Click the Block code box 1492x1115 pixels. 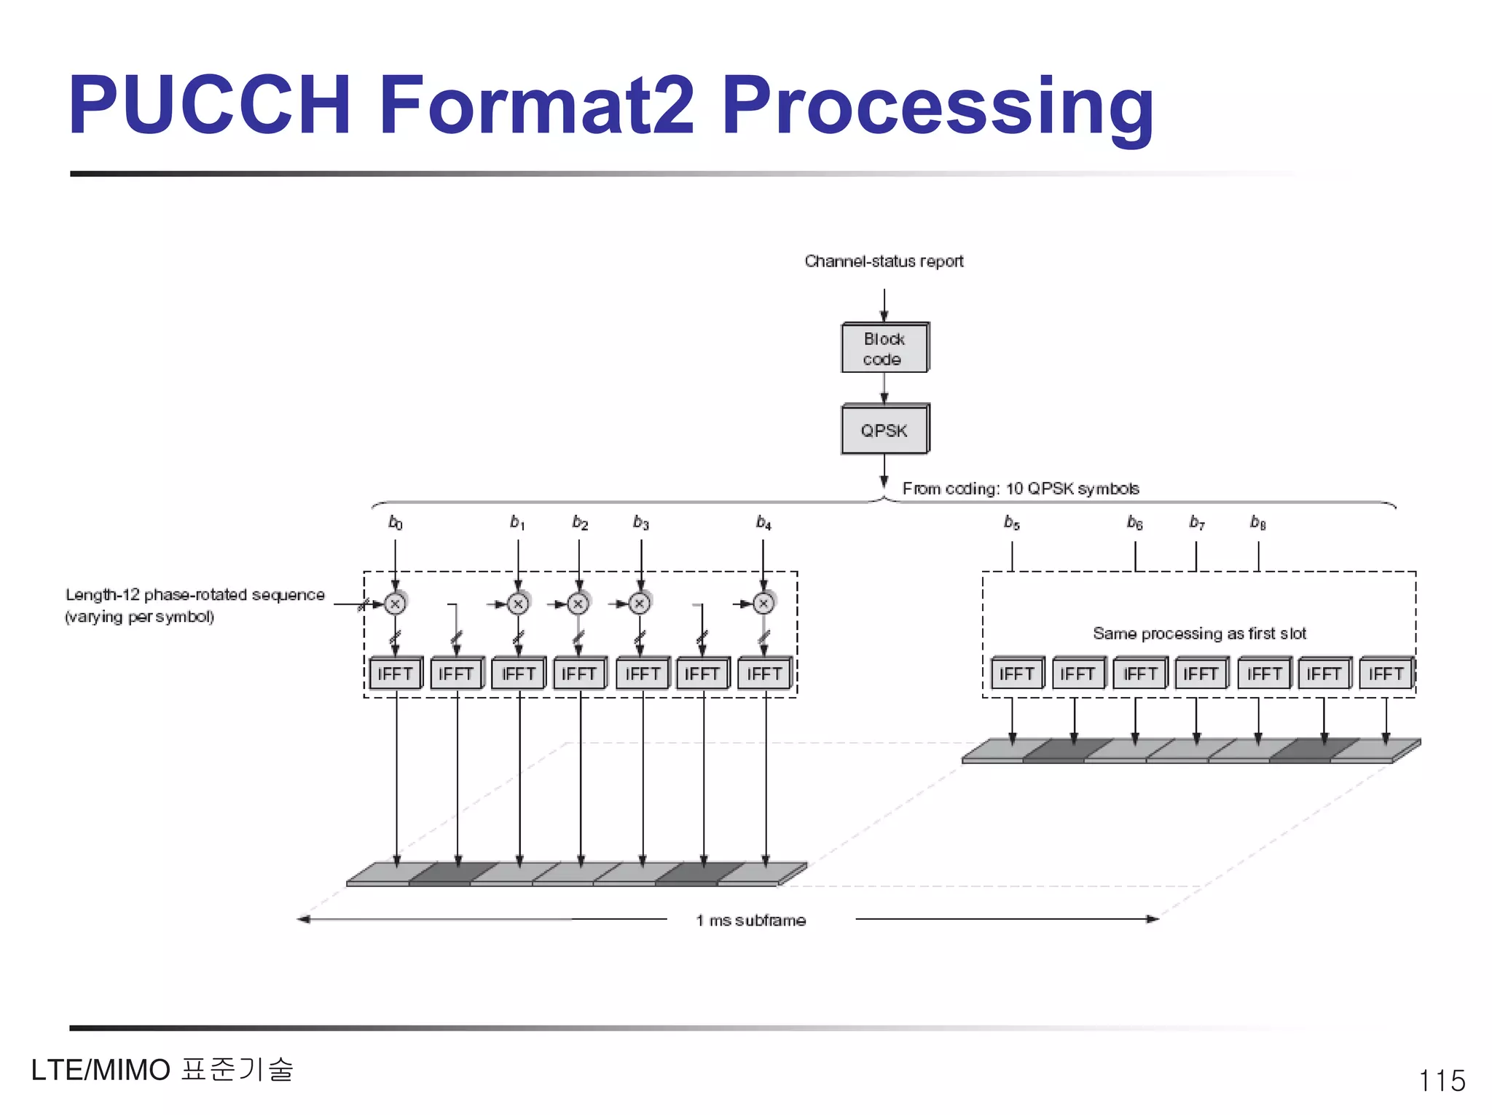(884, 349)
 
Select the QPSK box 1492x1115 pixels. (884, 430)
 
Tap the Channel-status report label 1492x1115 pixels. (884, 261)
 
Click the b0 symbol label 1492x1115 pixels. (395, 522)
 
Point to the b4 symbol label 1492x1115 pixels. (763, 522)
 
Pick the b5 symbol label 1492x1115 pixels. (1011, 522)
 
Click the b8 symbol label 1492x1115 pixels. (1258, 522)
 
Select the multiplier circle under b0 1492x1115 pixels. (395, 604)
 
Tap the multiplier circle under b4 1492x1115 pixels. (763, 604)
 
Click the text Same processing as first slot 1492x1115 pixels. (1199, 634)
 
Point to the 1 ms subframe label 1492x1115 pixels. (751, 921)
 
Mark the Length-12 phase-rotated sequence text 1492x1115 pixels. (195, 595)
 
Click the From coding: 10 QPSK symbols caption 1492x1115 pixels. (1021, 489)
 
